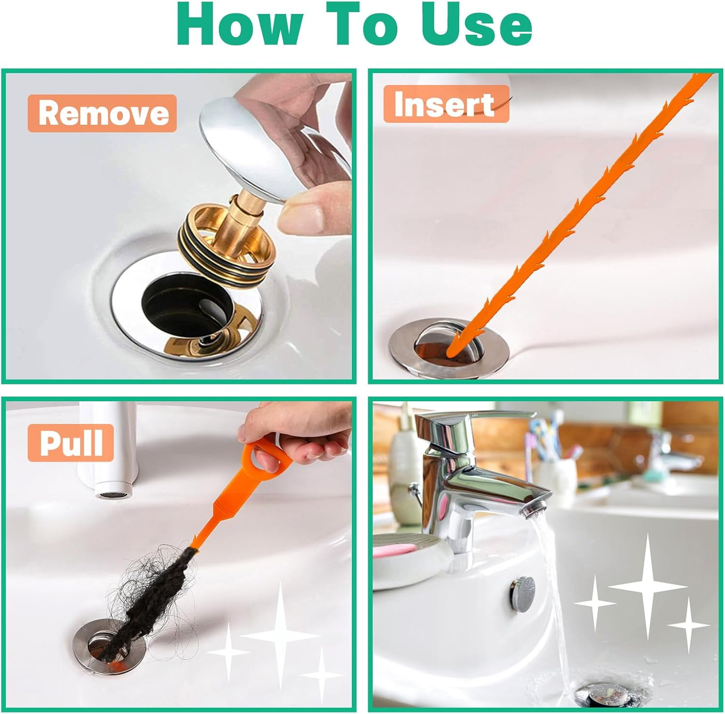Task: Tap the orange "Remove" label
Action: point(102,113)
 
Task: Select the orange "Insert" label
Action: point(445,104)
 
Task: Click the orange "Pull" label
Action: point(71,442)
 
